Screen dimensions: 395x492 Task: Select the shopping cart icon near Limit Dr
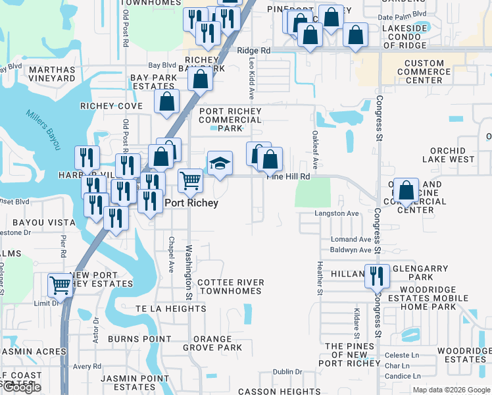tap(60, 286)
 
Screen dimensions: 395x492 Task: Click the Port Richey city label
tap(191, 203)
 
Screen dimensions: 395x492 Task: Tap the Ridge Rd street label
tap(254, 51)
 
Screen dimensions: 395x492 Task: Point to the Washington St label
tap(188, 272)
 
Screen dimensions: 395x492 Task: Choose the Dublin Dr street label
tap(287, 372)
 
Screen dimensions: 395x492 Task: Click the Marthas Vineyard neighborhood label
tap(52, 74)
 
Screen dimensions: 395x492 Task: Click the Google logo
tap(22, 388)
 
